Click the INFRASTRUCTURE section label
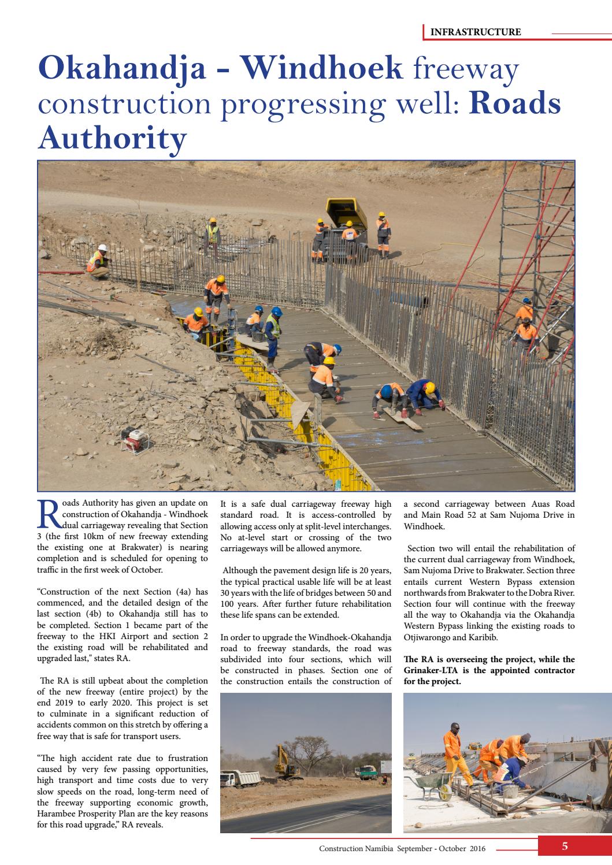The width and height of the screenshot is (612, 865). coord(475,32)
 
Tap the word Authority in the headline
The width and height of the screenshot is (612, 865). coord(112,138)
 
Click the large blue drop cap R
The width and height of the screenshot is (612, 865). coord(49,513)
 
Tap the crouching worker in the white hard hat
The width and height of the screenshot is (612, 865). coord(98,262)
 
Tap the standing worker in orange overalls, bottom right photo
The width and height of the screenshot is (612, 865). coord(454,755)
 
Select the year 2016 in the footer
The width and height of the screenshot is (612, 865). coord(477,849)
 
